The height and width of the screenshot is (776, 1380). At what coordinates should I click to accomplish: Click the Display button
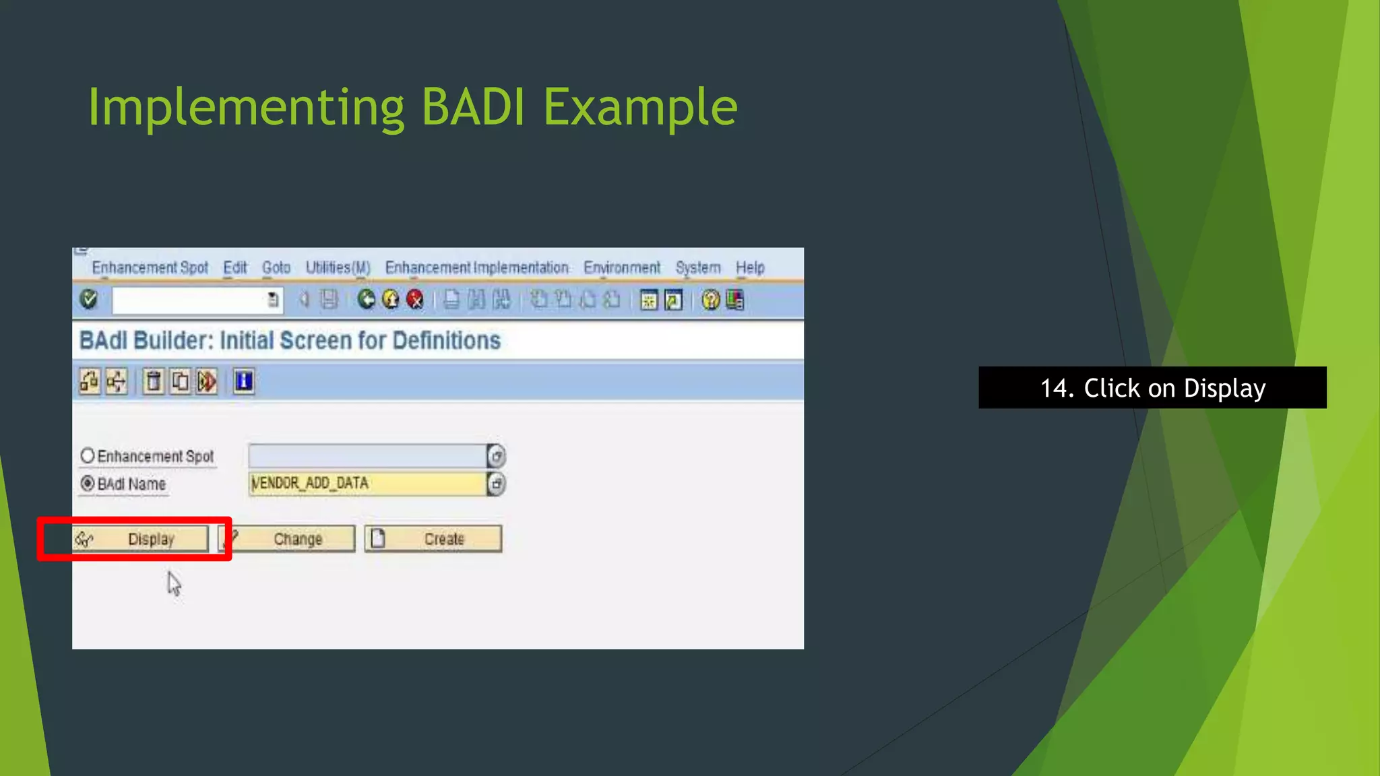coord(141,539)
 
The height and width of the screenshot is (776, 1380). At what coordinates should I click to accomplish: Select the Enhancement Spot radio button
coord(88,456)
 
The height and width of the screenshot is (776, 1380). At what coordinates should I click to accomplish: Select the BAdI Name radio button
coord(88,484)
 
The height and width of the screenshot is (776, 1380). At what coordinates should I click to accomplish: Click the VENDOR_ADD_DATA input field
coord(367,484)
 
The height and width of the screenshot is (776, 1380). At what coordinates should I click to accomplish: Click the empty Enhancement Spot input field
coord(367,456)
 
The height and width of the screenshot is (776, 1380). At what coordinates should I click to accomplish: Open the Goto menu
coord(276,268)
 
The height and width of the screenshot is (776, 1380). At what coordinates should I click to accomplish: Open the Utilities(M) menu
coord(338,268)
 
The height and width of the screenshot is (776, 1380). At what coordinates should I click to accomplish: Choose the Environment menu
coord(621,268)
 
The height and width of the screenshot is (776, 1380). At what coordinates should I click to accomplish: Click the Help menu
coord(749,268)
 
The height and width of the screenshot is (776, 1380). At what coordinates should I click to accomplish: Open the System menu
coord(697,268)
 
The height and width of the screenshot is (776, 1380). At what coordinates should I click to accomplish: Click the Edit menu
coord(235,268)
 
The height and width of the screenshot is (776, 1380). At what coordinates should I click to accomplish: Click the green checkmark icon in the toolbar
coord(89,299)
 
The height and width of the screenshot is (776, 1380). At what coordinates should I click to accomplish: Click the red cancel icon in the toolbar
coord(415,300)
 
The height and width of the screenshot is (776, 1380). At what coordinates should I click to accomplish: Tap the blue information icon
coord(243,382)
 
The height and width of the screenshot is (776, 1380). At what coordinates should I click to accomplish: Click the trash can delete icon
coord(154,382)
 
